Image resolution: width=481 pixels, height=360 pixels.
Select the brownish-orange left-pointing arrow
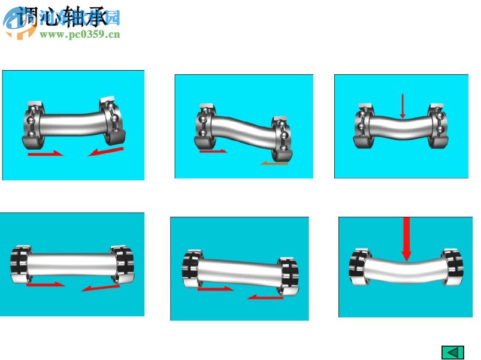pos(274,162)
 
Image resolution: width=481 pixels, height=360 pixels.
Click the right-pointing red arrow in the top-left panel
pos(46,154)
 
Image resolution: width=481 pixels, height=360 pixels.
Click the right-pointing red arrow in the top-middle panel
pos(213,151)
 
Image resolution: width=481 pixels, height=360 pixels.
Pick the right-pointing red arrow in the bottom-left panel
pos(46,284)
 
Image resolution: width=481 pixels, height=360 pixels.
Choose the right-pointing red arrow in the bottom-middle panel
pos(215,289)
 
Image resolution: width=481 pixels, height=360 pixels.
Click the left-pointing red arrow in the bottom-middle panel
pos(265,296)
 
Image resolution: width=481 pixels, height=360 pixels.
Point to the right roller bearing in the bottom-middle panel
pos(288,276)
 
